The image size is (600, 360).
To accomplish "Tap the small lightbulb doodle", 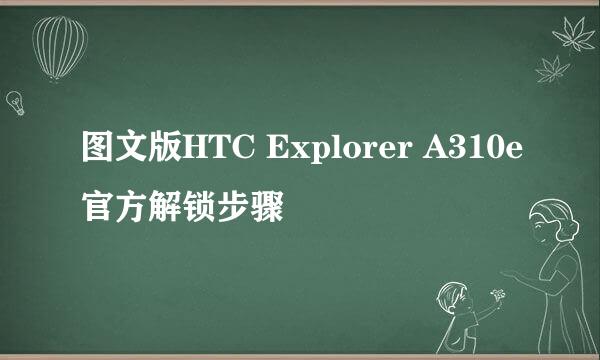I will (x=16, y=101).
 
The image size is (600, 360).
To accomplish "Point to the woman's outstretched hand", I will (x=516, y=271).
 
